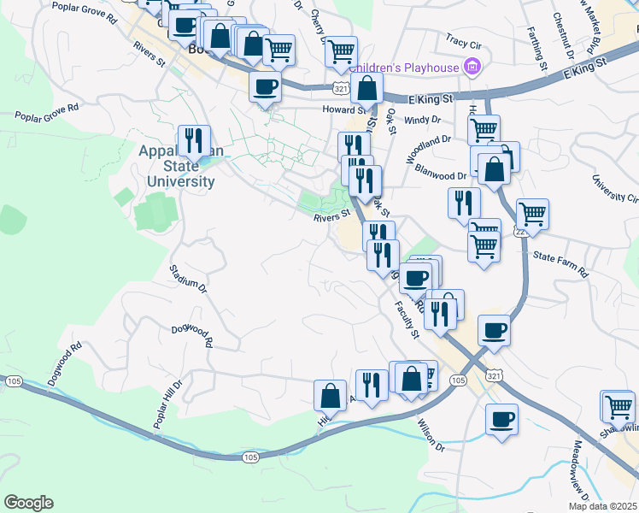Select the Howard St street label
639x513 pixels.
pos(343,109)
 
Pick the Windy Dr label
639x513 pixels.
pos(421,121)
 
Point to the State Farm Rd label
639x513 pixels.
pos(560,263)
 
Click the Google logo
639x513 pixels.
pos(28,503)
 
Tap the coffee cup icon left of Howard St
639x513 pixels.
pos(265,85)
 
